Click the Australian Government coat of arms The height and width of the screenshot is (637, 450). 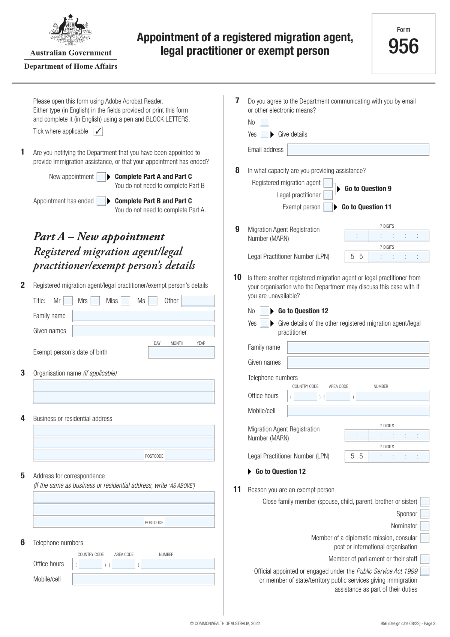(70, 30)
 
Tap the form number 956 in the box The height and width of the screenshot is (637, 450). (403, 47)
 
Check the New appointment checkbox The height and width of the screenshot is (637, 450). (101, 177)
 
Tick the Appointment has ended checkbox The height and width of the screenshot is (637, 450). (101, 201)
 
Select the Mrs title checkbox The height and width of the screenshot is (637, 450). (95, 301)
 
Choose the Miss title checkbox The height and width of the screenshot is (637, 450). (126, 301)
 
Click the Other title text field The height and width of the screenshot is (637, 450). (198, 301)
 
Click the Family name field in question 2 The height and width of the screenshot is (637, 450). (143, 316)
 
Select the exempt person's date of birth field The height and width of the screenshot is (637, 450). (181, 352)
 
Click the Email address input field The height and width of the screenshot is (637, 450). (358, 150)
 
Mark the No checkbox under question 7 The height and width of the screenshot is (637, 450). (264, 122)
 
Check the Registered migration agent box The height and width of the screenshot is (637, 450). (328, 183)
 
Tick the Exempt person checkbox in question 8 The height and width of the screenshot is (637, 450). (328, 207)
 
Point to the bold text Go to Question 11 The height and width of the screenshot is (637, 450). (366, 207)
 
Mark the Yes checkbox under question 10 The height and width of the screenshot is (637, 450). (264, 323)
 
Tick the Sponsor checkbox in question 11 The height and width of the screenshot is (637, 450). (424, 514)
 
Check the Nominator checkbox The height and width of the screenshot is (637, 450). (424, 526)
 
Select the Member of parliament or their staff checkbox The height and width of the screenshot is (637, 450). (424, 559)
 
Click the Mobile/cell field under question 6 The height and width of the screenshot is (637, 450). (143, 579)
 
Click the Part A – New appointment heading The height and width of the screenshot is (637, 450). (99, 237)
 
